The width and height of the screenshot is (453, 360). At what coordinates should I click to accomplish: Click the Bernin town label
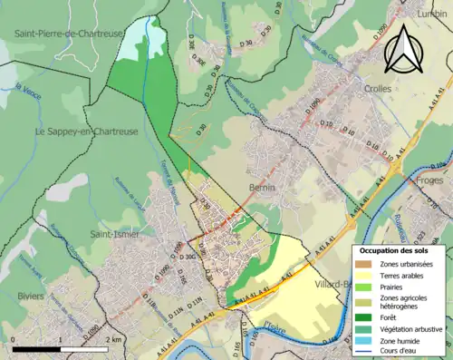(261, 187)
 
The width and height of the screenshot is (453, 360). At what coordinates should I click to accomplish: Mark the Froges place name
(429, 180)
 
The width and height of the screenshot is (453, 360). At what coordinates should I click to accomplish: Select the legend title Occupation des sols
(396, 250)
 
